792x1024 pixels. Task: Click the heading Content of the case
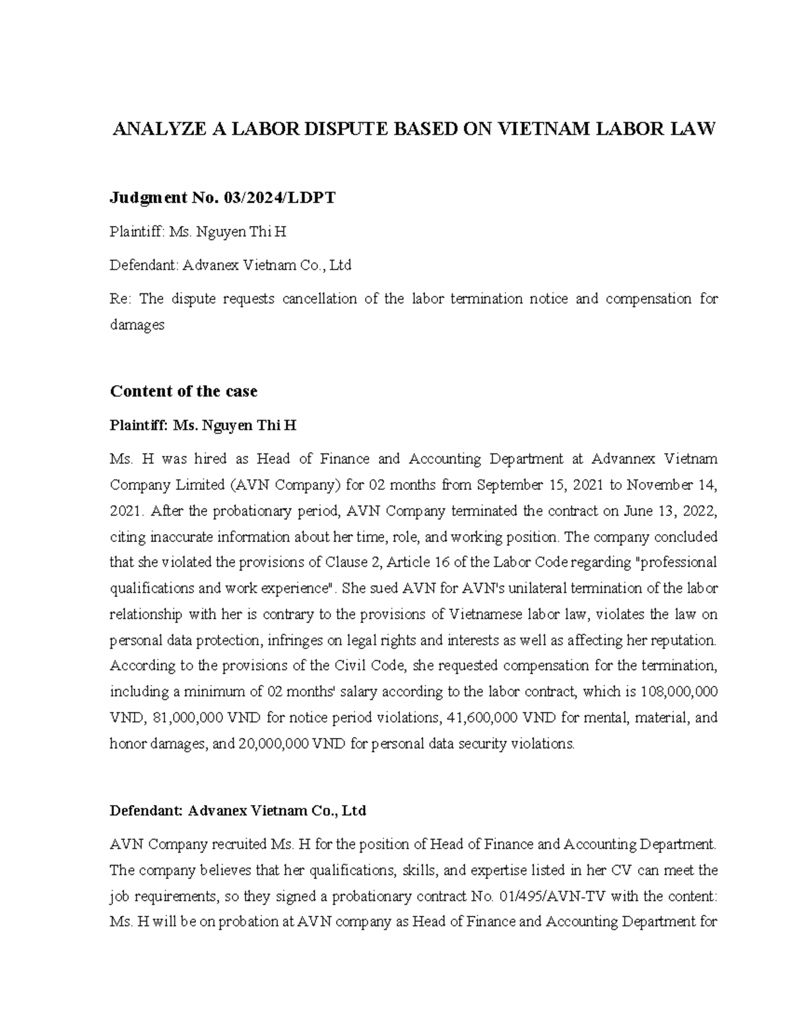coord(183,391)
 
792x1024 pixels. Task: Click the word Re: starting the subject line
coord(121,299)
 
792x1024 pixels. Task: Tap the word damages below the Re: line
coord(137,324)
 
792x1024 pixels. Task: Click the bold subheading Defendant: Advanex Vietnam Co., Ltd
coord(238,810)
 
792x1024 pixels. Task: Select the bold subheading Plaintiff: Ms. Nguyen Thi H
coord(203,425)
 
